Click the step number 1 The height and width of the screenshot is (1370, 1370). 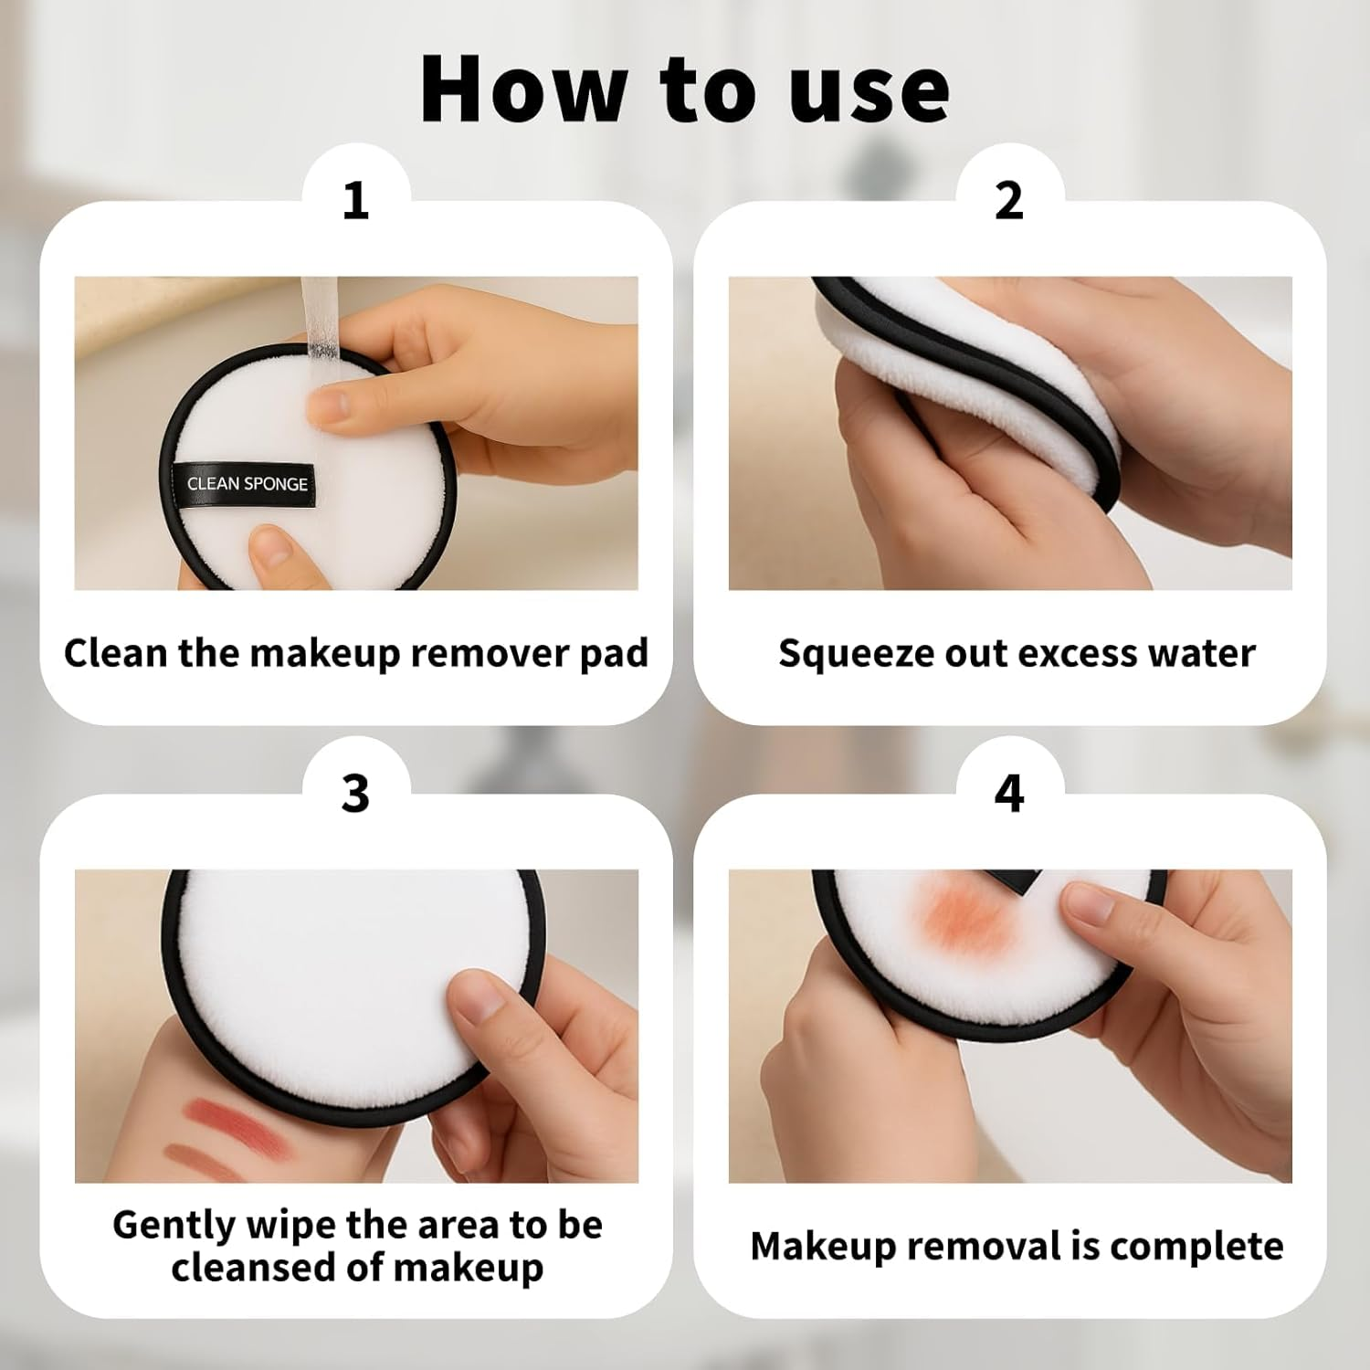tap(355, 200)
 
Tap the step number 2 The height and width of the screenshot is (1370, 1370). tap(1008, 200)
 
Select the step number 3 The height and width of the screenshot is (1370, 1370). tap(355, 793)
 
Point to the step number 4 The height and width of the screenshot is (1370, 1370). tap(1008, 793)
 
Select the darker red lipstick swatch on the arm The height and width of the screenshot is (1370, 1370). tap(224, 1114)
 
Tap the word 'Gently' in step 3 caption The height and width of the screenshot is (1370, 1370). tap(174, 1226)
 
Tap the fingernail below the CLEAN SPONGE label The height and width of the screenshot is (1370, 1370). tap(271, 547)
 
